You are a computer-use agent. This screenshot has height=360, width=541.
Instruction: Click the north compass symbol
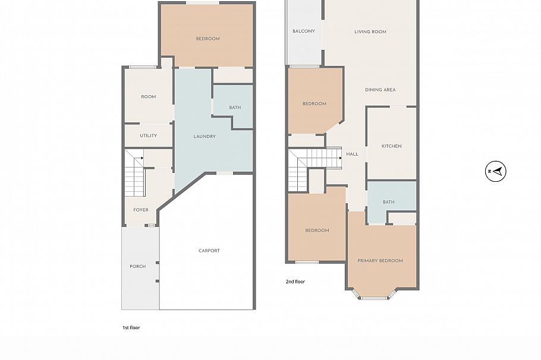tap(496, 172)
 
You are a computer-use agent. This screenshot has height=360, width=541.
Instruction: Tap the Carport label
tap(209, 251)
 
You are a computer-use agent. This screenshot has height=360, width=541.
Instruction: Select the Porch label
tap(138, 266)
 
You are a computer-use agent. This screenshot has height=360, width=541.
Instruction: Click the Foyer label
tap(141, 210)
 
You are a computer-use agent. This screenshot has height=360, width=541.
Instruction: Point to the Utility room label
tap(149, 135)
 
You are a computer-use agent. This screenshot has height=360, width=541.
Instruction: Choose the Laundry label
tap(205, 136)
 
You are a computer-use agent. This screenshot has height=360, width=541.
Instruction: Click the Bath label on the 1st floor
tap(235, 108)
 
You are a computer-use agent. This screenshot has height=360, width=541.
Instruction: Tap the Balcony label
tap(304, 31)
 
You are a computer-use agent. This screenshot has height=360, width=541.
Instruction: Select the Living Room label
tap(370, 32)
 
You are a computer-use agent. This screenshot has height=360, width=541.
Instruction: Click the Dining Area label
tap(380, 90)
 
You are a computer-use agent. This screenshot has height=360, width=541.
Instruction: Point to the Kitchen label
tap(391, 146)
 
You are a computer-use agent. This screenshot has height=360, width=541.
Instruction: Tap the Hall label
tap(353, 154)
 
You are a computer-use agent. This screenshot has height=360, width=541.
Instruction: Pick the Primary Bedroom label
tap(380, 261)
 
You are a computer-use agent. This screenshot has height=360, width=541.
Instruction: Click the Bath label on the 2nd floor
tap(388, 202)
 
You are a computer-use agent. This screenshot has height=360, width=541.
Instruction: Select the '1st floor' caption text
tap(131, 327)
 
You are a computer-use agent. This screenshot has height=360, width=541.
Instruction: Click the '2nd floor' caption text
tap(295, 282)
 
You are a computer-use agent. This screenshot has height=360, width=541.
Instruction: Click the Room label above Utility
tap(149, 97)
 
